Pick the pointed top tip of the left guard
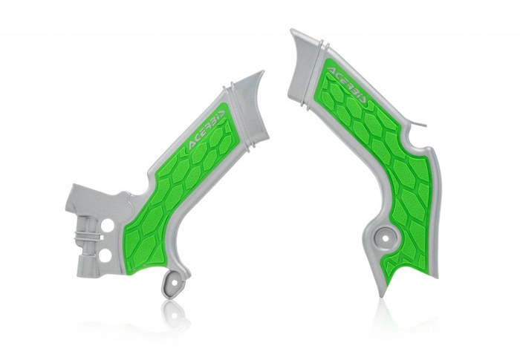pos(261,73)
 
